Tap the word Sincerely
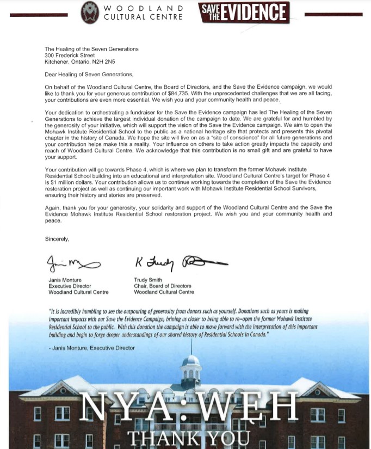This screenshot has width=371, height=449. click(57, 238)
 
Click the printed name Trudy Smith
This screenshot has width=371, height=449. click(148, 280)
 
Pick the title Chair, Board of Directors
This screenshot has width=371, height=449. click(163, 286)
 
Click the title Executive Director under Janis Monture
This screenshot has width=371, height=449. click(70, 286)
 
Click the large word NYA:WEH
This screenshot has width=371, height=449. click(190, 407)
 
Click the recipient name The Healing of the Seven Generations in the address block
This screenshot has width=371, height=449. click(91, 49)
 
